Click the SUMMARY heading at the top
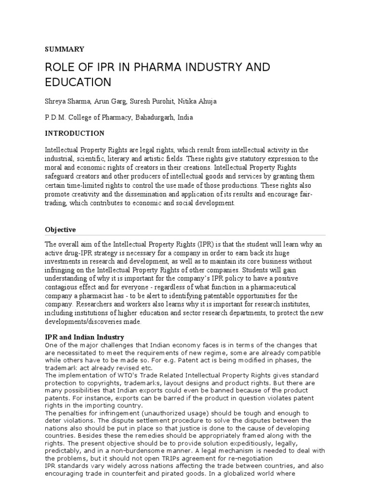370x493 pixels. click(x=65, y=49)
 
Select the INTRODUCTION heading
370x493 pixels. click(x=75, y=133)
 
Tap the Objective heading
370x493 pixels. click(x=60, y=230)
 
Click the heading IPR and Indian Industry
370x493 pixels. click(x=84, y=337)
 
